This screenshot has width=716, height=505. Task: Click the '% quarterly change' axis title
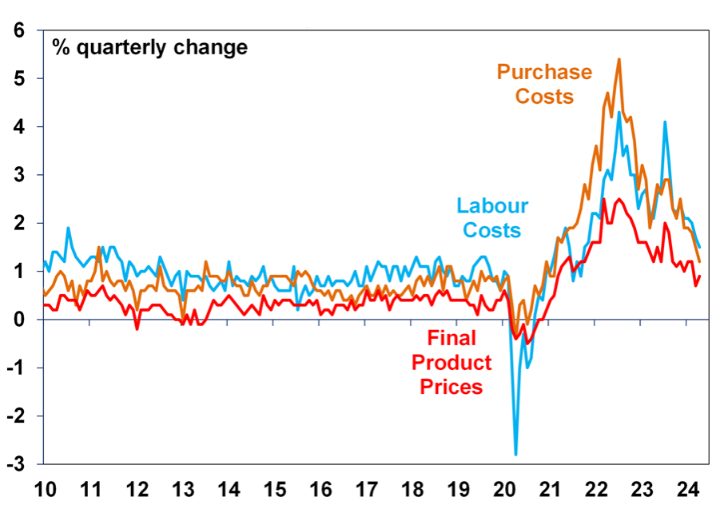tap(150, 46)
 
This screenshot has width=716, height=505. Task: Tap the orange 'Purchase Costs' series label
tap(544, 84)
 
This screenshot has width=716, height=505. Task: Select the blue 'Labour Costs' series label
tap(492, 218)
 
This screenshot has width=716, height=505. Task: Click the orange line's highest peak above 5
tap(619, 59)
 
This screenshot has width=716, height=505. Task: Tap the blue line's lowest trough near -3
tap(515, 454)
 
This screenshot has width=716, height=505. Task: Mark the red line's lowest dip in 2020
tap(527, 343)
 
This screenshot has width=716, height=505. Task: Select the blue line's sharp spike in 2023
tap(664, 122)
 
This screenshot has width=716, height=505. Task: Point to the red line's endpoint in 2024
tap(700, 276)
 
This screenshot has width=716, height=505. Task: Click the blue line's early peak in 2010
tap(68, 228)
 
